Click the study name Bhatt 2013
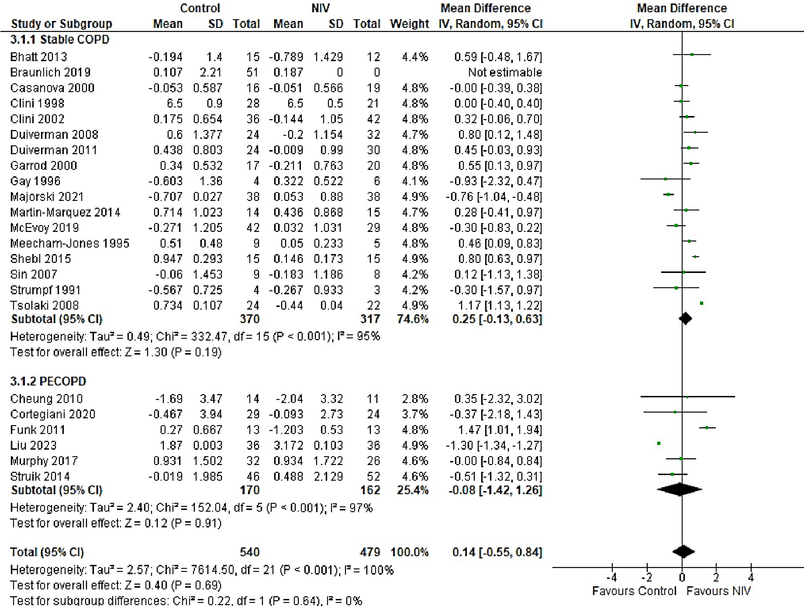click(x=39, y=57)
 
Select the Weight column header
click(x=409, y=24)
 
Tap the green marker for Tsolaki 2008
click(x=702, y=304)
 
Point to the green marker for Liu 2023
click(x=659, y=443)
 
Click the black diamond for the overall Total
click(x=683, y=552)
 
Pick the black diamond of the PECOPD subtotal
click(x=679, y=490)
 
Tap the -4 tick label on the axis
click(x=612, y=578)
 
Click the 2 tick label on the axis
click(x=716, y=578)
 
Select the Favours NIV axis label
click(x=718, y=591)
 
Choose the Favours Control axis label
click(x=634, y=591)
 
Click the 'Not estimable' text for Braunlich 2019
click(x=505, y=72)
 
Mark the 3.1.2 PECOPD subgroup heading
click(x=48, y=381)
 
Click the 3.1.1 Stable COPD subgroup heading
click(x=60, y=39)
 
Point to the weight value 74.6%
click(x=412, y=319)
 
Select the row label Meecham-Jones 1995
click(x=70, y=243)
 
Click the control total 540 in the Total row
click(x=249, y=552)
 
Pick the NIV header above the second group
click(x=320, y=8)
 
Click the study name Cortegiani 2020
click(x=53, y=414)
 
